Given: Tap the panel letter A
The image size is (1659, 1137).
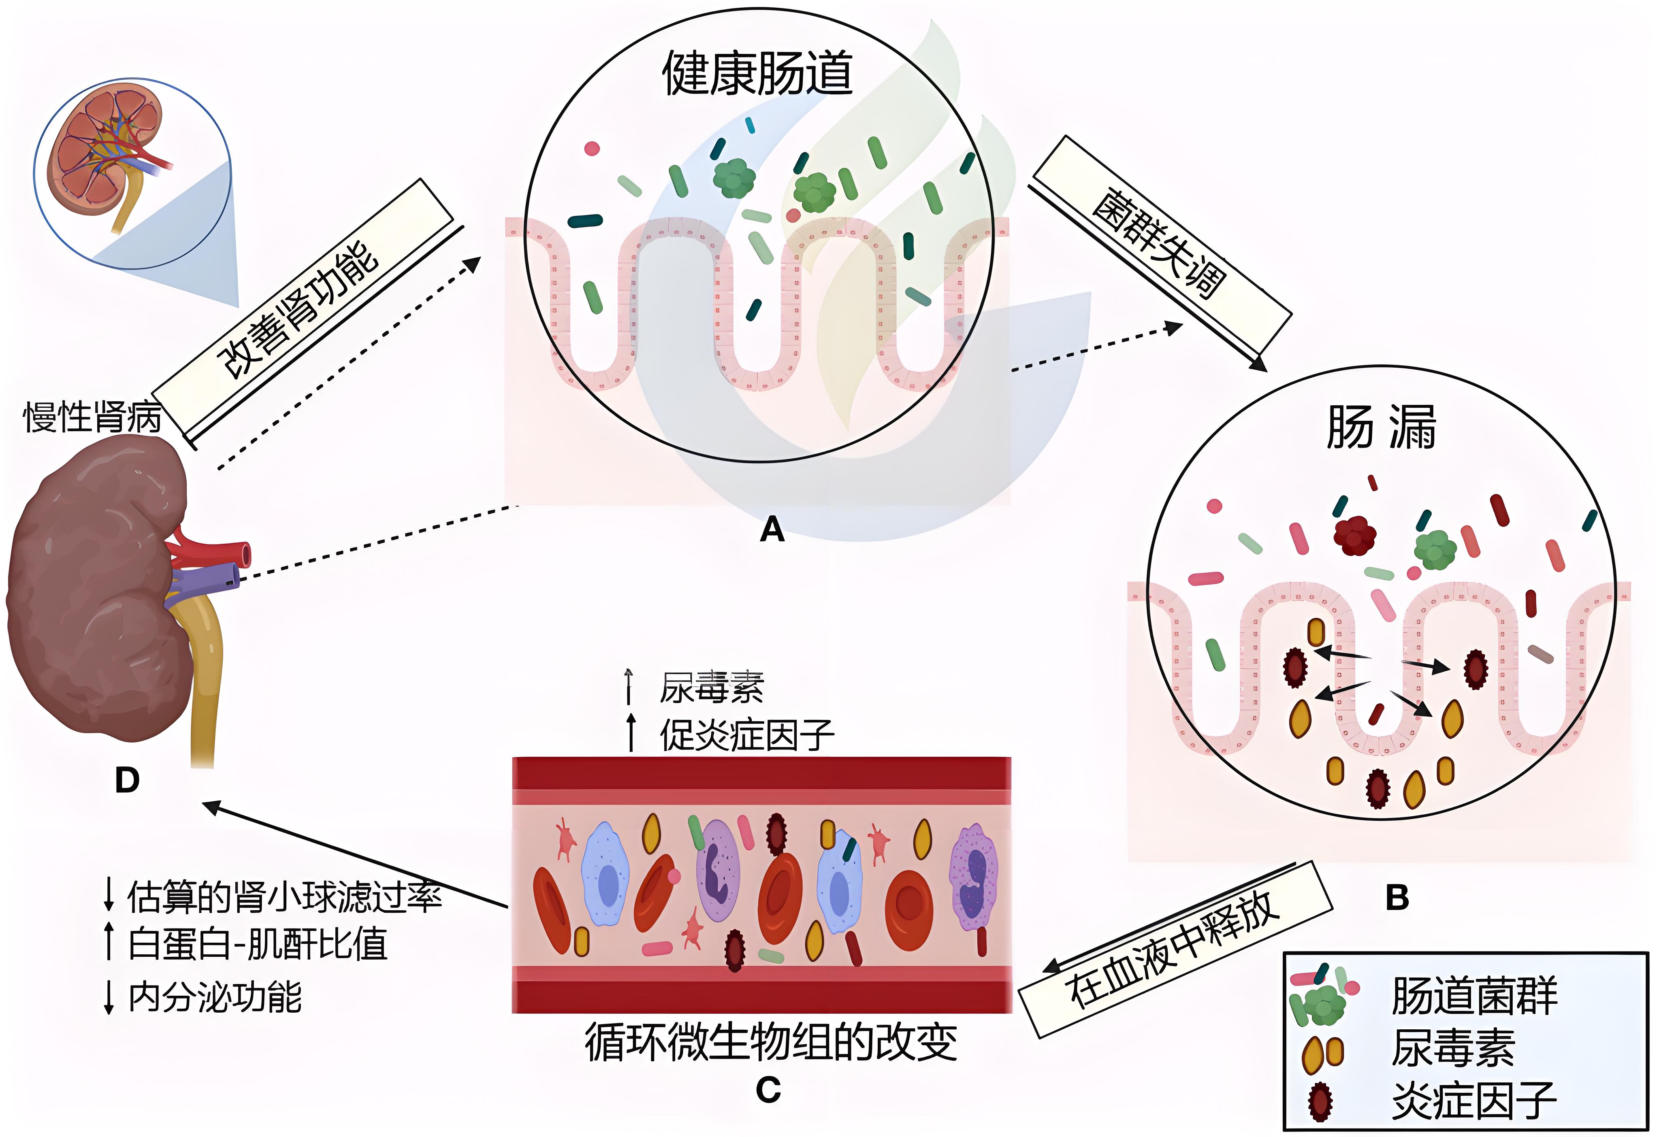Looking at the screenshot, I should pos(772,530).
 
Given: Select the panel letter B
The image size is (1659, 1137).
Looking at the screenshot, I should pos(1397,898).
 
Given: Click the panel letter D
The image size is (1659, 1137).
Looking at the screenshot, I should pos(127,781).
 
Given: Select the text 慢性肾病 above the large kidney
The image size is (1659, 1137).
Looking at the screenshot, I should pos(93,417).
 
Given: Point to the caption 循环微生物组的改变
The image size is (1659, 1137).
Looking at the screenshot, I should pos(771,1042).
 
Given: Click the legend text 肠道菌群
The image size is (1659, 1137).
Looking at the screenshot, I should pos(1475,996).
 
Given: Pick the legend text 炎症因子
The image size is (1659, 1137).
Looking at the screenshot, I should pos(1475,1100).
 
